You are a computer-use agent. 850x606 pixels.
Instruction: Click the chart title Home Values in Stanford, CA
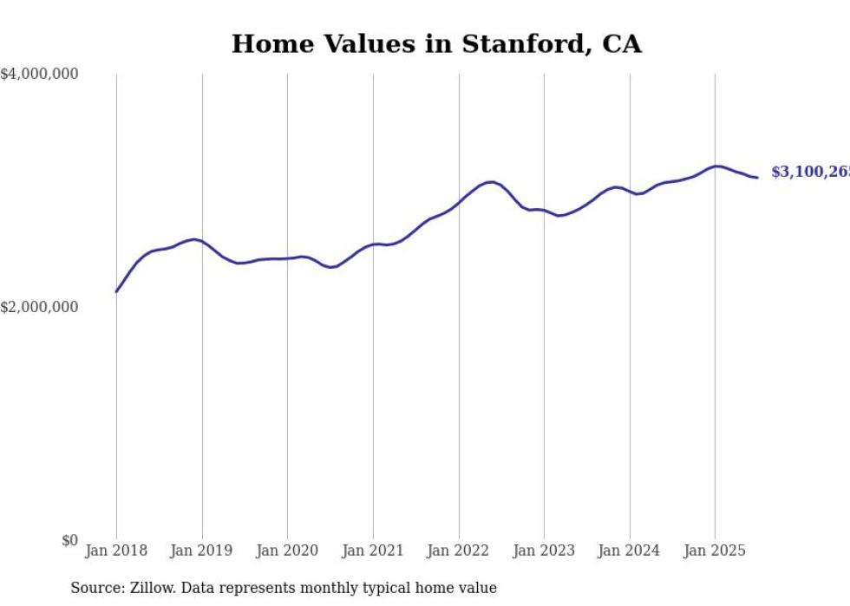436,44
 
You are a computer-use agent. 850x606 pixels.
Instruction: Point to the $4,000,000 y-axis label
39,75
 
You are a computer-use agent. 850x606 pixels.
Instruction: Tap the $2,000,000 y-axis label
39,307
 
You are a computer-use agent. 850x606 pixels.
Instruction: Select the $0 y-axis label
69,540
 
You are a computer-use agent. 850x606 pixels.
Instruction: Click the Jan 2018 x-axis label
116,551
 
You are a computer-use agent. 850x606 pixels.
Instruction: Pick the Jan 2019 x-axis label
202,551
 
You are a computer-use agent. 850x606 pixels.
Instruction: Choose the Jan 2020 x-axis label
287,551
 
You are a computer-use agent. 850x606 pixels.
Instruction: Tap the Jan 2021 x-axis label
373,551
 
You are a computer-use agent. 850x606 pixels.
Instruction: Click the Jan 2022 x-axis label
459,551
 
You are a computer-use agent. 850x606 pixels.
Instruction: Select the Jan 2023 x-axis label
544,551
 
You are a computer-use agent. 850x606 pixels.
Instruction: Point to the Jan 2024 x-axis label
630,551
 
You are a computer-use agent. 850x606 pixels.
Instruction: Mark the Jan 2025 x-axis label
715,551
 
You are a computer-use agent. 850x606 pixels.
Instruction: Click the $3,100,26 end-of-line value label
809,173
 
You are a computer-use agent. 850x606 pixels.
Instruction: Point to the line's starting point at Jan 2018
116,291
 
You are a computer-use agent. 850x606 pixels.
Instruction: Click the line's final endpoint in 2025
757,178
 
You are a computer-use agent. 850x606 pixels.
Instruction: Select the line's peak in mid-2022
491,182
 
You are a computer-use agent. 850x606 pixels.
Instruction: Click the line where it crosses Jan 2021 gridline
373,244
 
